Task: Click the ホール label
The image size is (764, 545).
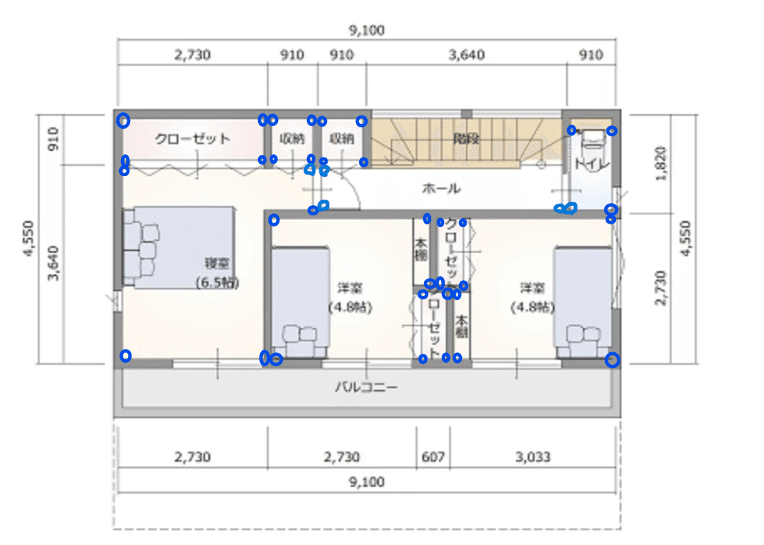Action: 441,188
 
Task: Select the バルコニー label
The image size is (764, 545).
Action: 366,387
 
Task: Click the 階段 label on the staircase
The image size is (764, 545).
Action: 466,138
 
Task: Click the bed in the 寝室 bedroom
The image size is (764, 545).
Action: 180,247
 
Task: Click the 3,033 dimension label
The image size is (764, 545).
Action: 532,457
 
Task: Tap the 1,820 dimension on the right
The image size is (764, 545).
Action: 662,162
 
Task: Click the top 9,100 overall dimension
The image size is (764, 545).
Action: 366,30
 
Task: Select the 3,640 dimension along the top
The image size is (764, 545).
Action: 466,55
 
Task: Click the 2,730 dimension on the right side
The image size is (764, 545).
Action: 662,286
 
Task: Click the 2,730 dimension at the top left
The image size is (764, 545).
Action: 192,55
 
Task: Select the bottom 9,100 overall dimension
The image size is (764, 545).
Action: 366,482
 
